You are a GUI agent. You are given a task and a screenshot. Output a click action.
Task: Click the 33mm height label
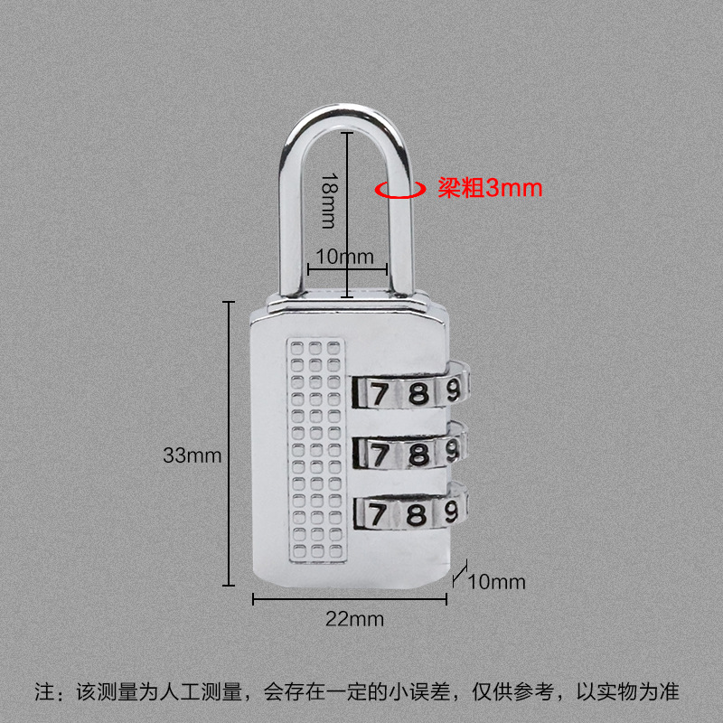pyautogui.click(x=192, y=455)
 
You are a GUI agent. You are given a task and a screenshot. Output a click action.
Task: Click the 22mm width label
pyautogui.click(x=354, y=619)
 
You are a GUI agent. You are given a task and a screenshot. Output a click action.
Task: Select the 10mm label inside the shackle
pyautogui.click(x=341, y=257)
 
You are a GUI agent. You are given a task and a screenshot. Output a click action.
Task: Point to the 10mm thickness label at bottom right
pyautogui.click(x=496, y=581)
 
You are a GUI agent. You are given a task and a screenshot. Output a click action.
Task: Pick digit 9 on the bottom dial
pyautogui.click(x=451, y=513)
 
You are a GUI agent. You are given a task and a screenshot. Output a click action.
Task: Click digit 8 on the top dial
pyautogui.click(x=417, y=393)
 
